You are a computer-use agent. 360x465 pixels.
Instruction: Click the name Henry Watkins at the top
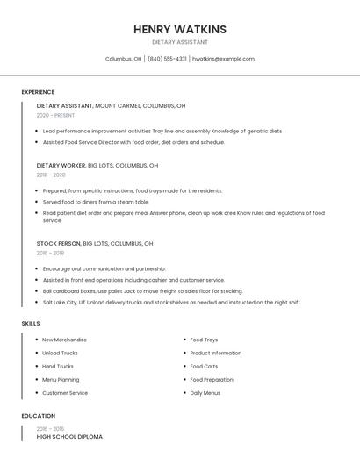point(180,29)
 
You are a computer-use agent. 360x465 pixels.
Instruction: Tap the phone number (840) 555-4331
point(167,59)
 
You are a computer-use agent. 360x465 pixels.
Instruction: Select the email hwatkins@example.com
point(223,59)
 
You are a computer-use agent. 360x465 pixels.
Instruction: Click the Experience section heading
point(38,92)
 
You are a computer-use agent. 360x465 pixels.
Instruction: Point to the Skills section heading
point(31,324)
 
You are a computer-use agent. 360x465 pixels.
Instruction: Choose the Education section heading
point(39,416)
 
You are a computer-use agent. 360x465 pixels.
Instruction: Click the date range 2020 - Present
point(55,115)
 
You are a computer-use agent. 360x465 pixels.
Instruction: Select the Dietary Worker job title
point(60,165)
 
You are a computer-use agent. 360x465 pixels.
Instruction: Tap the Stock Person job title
point(58,243)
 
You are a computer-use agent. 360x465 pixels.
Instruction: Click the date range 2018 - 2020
point(51,175)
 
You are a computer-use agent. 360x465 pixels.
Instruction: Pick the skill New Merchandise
point(64,340)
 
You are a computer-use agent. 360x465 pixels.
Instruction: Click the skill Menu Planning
point(61,380)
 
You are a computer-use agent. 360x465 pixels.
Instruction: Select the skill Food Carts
point(204,367)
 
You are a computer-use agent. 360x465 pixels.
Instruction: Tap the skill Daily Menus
point(205,393)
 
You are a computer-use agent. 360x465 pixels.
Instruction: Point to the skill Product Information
point(215,353)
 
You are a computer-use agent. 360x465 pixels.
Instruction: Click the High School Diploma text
point(69,436)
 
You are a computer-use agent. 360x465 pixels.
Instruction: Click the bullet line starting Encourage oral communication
point(104,269)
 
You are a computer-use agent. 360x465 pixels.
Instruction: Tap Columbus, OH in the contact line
point(123,59)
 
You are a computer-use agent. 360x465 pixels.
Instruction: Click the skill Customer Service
point(65,393)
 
